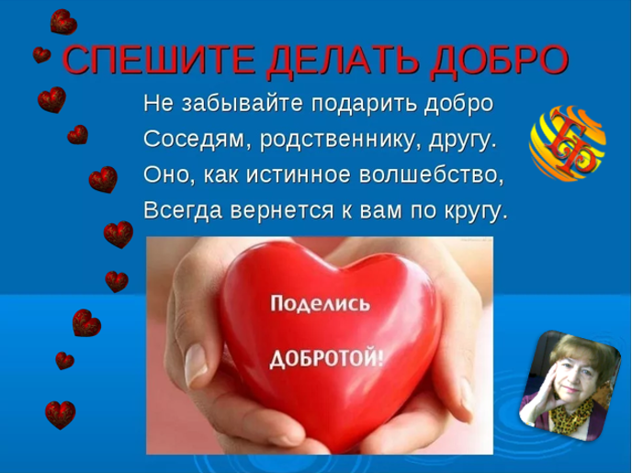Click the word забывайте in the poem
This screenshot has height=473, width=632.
coord(242,103)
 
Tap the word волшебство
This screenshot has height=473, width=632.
coord(431,175)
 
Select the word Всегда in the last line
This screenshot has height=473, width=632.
coord(183,210)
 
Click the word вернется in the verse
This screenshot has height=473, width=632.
coord(282,210)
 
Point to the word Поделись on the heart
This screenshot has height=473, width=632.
coord(320,304)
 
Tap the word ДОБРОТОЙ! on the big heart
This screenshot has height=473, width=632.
coord(326,358)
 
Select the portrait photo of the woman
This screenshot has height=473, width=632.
coord(570,385)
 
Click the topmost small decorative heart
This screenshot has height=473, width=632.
coord(63,22)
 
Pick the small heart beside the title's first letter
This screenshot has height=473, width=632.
coord(41,55)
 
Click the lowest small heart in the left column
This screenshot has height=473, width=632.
coord(61,415)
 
